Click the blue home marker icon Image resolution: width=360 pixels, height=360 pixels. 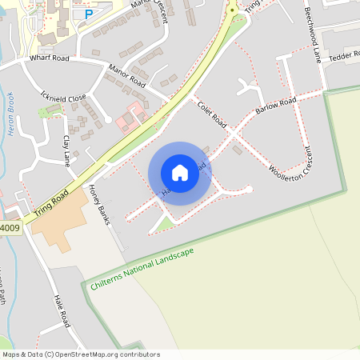[x=180, y=173]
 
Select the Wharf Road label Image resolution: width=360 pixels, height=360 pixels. [x=51, y=58]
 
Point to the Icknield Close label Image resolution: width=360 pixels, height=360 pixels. [x=63, y=96]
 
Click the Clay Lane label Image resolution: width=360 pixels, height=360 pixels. [x=67, y=151]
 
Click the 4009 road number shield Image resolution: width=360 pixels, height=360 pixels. [x=10, y=228]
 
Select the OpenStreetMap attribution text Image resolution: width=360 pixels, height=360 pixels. [x=81, y=354]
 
